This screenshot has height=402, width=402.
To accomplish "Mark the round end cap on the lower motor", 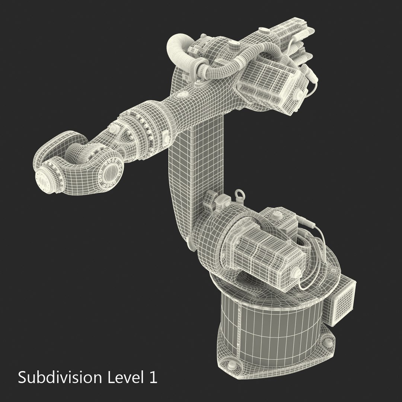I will pyautogui.click(x=298, y=273).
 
